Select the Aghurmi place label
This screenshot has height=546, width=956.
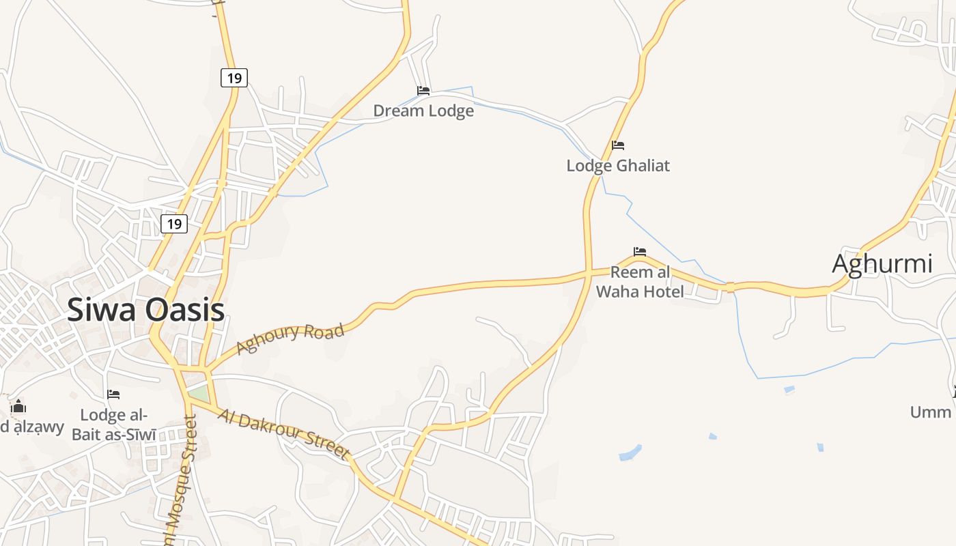882,263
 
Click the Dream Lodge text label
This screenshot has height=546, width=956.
423,111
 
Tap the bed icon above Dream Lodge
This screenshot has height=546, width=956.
423,90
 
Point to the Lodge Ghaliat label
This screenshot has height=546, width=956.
618,165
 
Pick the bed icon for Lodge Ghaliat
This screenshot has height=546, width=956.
618,145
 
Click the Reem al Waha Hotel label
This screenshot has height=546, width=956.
640,282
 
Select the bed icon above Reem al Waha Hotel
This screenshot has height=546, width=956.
640,252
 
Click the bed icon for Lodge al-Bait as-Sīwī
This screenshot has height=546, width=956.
113,394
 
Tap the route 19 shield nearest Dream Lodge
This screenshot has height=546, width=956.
234,78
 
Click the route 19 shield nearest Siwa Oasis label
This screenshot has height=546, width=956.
174,223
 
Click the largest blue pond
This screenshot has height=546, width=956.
630,452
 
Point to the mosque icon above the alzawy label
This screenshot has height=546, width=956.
18,407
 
